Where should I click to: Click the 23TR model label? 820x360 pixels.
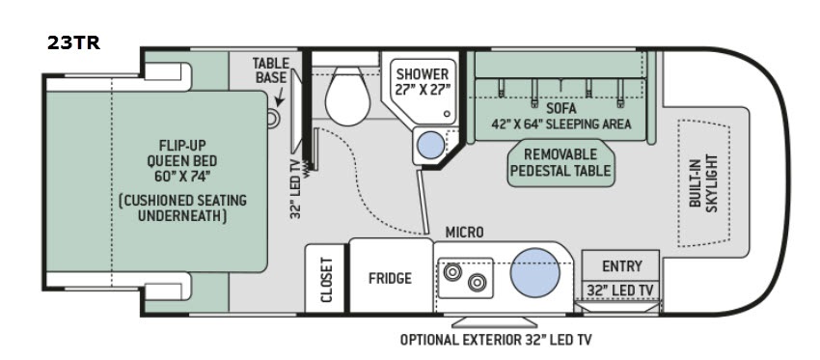[73, 42]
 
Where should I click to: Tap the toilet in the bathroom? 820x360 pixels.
[347, 97]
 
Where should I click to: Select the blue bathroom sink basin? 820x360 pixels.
[432, 145]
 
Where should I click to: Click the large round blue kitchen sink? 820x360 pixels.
[535, 272]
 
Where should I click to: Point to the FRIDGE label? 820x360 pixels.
[390, 278]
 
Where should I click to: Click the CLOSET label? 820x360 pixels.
[327, 280]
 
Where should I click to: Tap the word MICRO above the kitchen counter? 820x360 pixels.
[464, 233]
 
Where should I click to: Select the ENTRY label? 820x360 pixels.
[622, 265]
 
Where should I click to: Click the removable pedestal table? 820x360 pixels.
[560, 163]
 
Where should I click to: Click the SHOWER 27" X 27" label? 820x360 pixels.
[422, 82]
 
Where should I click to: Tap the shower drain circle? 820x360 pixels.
[447, 114]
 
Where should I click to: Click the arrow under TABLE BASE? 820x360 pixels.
[280, 97]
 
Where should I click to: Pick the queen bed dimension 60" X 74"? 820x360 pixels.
[182, 176]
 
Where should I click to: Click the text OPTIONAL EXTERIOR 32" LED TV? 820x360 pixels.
[496, 340]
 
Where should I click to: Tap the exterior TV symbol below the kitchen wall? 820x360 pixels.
[494, 322]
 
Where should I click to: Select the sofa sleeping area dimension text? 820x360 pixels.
[561, 124]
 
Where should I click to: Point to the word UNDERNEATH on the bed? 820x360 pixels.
[182, 215]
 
